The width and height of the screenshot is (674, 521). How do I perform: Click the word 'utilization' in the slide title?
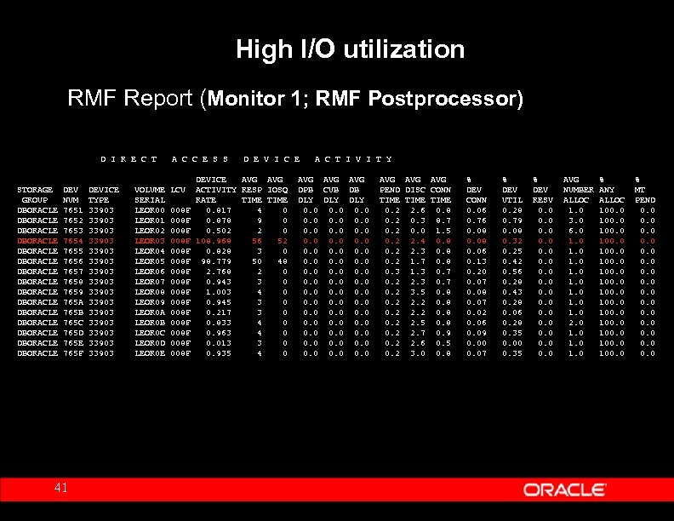(x=408, y=50)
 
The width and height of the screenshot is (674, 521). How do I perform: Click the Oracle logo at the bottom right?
(x=564, y=490)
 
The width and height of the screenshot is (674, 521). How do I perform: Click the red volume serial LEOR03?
(x=150, y=241)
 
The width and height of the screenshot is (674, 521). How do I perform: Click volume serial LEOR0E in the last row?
(x=150, y=353)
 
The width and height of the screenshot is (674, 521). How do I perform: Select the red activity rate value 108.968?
(x=213, y=241)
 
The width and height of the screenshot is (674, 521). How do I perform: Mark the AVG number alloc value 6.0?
(x=575, y=231)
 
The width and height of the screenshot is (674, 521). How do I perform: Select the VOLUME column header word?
(x=150, y=190)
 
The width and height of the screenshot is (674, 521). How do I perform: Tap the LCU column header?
(x=177, y=190)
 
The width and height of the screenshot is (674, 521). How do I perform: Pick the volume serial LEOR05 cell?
(x=150, y=261)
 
